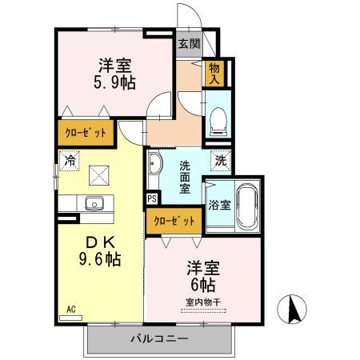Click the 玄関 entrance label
189,44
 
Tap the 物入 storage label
214,74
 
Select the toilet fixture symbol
218,122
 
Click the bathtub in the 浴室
248,205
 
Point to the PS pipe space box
152,199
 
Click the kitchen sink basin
94,203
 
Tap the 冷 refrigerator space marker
70,161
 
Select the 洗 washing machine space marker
221,161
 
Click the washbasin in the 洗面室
154,163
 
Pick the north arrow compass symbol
292,310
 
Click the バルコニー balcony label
159,339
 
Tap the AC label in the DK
71,310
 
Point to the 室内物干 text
203,302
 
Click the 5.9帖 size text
114,82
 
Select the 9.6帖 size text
100,258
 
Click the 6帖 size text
203,285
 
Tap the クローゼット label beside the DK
86,133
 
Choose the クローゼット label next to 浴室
174,221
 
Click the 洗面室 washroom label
185,177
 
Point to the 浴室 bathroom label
219,205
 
